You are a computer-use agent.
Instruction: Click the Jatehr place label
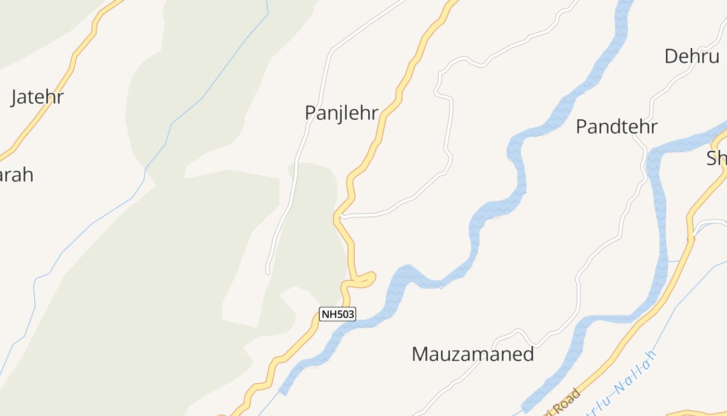pos(37,97)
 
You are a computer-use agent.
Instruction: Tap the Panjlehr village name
pos(341,113)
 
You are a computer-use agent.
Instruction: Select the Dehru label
pos(692,56)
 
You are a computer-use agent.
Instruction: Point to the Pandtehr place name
pos(616,127)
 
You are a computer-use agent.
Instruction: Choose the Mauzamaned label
pos(473,354)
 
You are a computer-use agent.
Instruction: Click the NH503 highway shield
pos(337,314)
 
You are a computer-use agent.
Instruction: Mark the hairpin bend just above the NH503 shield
pos(371,277)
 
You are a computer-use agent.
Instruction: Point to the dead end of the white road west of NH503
pos(268,272)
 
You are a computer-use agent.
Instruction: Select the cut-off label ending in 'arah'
pos(16,175)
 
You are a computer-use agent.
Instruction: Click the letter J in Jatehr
pos(15,98)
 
